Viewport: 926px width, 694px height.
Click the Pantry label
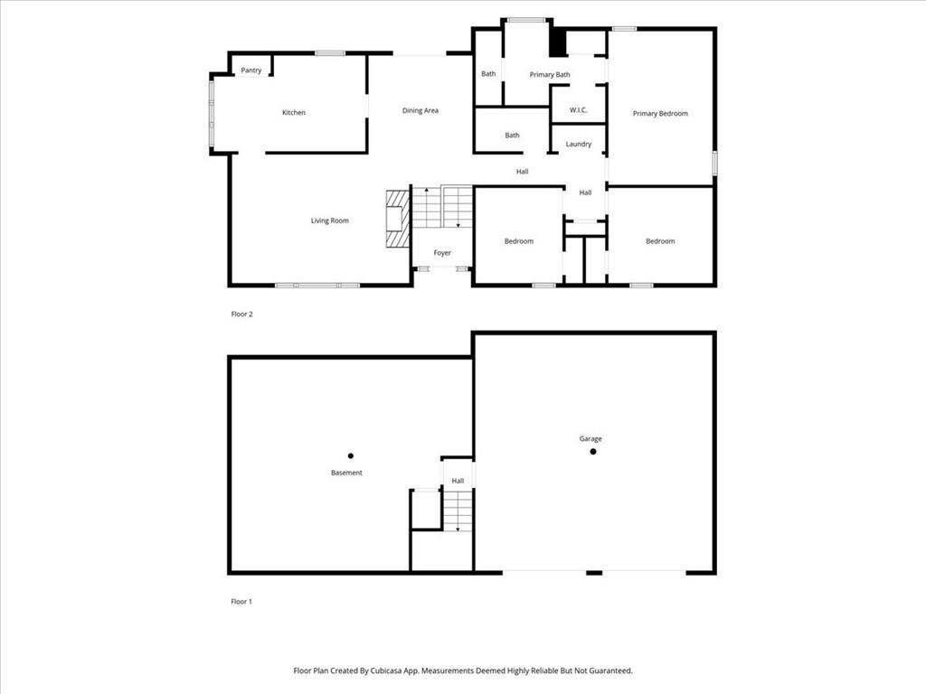[251, 70]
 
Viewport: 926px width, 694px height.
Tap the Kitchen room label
[294, 113]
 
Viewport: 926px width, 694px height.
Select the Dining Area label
[420, 111]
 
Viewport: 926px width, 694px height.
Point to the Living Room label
[329, 221]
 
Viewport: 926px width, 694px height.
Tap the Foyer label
[442, 253]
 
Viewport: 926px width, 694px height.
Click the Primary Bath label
[550, 75]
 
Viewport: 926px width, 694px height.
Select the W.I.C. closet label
[579, 111]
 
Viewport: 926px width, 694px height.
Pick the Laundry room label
[579, 145]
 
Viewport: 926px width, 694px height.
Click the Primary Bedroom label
[660, 114]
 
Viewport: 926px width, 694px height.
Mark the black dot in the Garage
[593, 452]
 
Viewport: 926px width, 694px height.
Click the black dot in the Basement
[351, 455]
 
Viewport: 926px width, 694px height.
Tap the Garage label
[591, 439]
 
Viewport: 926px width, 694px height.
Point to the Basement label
[346, 473]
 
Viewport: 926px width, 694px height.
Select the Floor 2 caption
[241, 314]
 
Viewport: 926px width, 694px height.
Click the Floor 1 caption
[241, 601]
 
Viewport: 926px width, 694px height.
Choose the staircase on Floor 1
[458, 511]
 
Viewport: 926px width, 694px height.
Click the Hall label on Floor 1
[458, 481]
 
